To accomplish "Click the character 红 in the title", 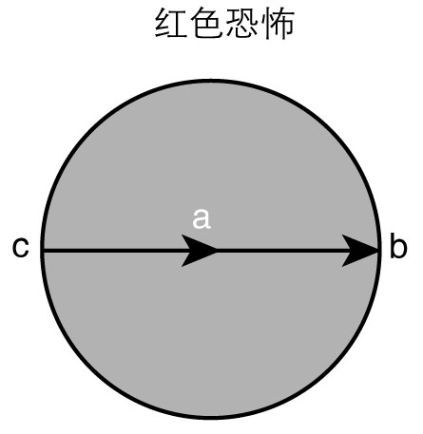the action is click(x=171, y=24).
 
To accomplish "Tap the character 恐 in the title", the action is click(x=241, y=24).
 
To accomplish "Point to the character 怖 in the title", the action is click(x=277, y=24).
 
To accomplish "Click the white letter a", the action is click(x=202, y=218).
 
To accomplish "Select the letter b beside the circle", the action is click(x=398, y=246).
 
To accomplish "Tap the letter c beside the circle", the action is click(x=21, y=247).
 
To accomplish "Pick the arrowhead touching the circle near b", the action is click(x=360, y=251).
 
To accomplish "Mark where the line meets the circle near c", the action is click(x=42, y=251).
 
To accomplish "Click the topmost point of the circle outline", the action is click(x=211, y=81).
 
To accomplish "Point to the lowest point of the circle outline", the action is click(x=211, y=418).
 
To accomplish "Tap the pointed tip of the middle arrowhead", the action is click(x=218, y=251).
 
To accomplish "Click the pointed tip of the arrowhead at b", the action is click(x=378, y=251).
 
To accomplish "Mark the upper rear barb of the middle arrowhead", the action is click(x=182, y=236).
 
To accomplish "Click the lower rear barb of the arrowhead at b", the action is click(x=342, y=266).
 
